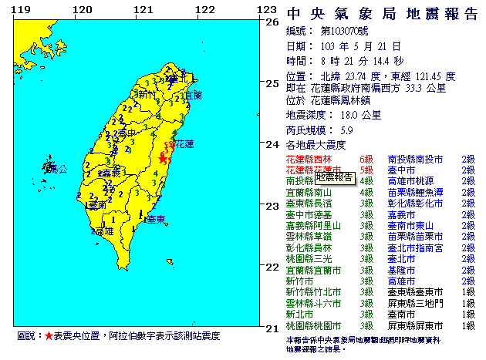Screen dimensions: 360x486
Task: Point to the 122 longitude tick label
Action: (x=204, y=10)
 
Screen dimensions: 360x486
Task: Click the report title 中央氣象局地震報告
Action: (x=382, y=14)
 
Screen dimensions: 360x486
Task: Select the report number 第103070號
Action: (x=348, y=31)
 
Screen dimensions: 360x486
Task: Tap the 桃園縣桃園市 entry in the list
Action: (x=316, y=327)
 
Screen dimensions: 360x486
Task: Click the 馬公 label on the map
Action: (x=59, y=167)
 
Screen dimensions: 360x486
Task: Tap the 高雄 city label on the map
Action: (x=104, y=230)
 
